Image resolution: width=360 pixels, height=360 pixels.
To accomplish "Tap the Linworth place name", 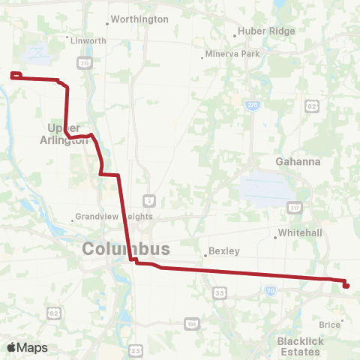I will (x=88, y=41).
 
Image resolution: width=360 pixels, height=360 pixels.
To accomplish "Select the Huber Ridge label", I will (x=266, y=31).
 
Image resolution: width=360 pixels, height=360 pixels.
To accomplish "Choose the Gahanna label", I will (x=298, y=161).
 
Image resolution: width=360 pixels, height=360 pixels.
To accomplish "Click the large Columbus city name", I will (x=125, y=249).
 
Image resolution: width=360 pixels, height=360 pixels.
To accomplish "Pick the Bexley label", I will (x=224, y=251).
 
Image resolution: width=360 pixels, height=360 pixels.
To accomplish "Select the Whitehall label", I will (x=300, y=233).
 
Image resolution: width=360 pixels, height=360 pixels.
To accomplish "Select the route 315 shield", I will (x=84, y=63).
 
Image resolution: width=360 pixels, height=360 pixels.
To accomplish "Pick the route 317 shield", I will (x=297, y=207).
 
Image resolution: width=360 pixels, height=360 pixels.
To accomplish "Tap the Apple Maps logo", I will (x=27, y=347).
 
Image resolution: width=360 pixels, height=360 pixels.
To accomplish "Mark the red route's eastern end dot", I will (x=346, y=286).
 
